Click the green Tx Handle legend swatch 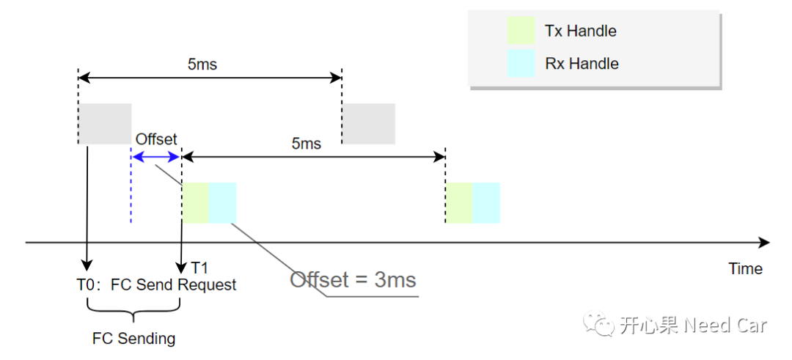pos(521,31)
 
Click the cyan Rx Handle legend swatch pos(521,63)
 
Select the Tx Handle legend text pos(580,31)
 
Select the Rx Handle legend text pos(582,63)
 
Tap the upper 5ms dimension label pos(202,65)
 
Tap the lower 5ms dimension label pos(306,144)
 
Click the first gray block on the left pos(105,123)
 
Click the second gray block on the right pos(368,123)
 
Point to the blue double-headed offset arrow pos(155,156)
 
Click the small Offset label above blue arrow pos(156,139)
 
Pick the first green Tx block pos(196,202)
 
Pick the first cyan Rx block pos(223,202)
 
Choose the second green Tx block pos(459,202)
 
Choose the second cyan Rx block pos(486,202)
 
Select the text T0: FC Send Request pos(157,284)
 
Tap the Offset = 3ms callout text pos(353,279)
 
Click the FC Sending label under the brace pos(133,339)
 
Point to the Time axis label pos(745,268)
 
